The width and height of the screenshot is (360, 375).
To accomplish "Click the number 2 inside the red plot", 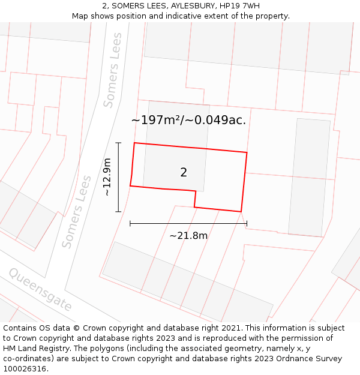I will (x=184, y=173).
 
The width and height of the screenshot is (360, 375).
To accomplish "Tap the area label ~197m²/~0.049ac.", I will (x=188, y=120).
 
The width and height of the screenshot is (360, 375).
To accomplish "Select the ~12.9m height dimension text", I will (x=107, y=177).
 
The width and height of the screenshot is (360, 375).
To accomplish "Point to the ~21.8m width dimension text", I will (x=188, y=236).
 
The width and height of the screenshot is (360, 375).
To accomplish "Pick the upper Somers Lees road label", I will (x=113, y=70).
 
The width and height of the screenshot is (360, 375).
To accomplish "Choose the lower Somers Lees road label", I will (x=77, y=212).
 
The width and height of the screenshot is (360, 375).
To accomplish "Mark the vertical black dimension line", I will (x=118, y=177).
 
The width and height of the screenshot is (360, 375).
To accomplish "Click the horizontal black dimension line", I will (x=188, y=224).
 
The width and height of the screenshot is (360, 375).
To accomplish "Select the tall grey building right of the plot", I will (x=309, y=177).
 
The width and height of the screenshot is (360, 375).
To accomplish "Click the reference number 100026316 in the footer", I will (x=26, y=368).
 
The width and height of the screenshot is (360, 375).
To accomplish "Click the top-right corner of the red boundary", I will (x=247, y=152).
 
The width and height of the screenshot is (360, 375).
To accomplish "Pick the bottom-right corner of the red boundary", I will (x=241, y=212).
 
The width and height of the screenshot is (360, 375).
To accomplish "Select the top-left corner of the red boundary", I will (x=134, y=143).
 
